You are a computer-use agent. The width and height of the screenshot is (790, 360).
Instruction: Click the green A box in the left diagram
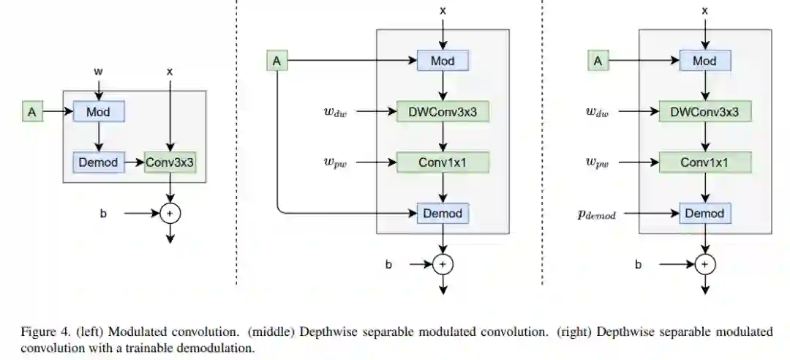click(31, 112)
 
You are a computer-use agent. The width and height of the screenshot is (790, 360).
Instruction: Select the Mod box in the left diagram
click(99, 112)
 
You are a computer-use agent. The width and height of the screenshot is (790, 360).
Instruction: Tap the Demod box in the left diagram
click(99, 162)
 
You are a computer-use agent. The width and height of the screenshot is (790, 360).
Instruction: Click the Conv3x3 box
click(170, 162)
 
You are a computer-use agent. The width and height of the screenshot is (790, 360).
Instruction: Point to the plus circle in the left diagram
click(170, 214)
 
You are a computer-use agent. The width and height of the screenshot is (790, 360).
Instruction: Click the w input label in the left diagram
click(99, 72)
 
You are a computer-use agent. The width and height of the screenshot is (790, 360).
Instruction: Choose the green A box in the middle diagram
click(276, 61)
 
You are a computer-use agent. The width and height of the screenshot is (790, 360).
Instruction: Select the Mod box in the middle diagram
click(442, 61)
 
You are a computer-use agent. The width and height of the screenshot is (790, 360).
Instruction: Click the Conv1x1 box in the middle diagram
click(442, 162)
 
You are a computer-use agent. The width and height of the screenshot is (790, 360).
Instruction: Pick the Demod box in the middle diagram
click(442, 214)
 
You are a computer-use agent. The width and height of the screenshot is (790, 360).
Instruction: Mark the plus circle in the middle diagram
click(442, 263)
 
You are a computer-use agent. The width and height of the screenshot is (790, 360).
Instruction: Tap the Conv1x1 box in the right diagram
click(704, 162)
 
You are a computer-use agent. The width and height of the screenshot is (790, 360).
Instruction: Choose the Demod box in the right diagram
click(704, 214)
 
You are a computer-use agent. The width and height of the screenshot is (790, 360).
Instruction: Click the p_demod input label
click(601, 215)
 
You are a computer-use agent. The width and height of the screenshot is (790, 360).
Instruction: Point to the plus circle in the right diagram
click(704, 263)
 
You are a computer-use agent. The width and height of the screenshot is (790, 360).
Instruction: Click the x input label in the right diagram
click(704, 11)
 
